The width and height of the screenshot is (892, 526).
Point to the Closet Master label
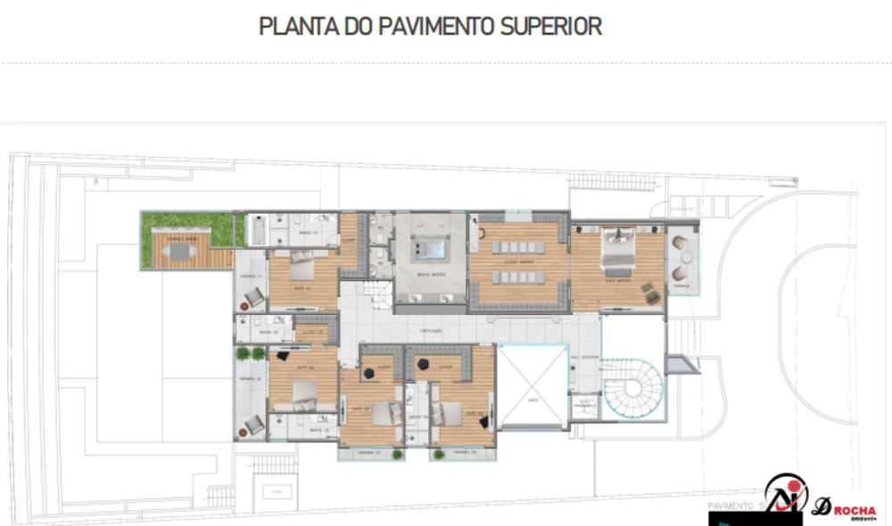pos(518,263)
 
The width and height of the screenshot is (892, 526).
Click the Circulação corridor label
pos(432,331)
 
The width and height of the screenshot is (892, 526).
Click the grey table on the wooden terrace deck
pos(181,251)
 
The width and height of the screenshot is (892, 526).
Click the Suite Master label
pos(616,279)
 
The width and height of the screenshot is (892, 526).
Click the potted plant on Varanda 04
pos(438,454)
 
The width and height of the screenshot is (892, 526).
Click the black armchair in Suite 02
pos(283,356)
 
